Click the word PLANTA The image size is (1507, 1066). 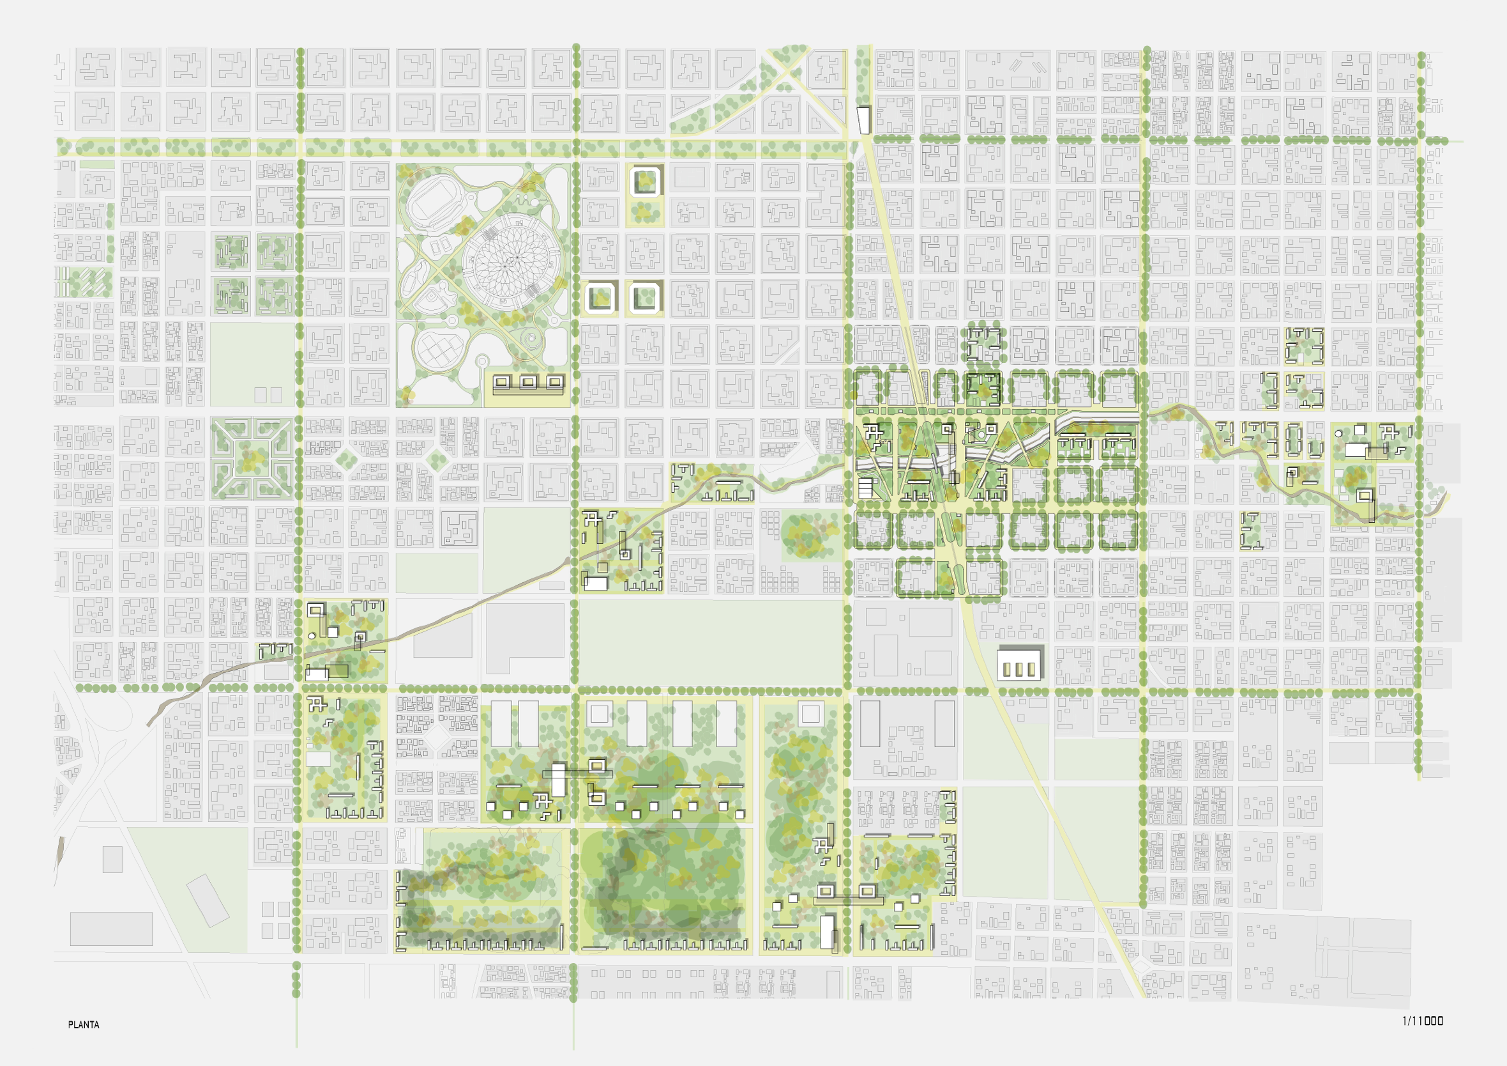click(84, 1024)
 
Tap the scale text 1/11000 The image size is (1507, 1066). click(1422, 1021)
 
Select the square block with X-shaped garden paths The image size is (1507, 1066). click(252, 458)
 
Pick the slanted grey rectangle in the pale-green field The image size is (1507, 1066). click(208, 900)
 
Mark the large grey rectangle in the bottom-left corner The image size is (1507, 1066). click(111, 929)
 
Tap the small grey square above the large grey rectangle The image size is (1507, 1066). click(112, 859)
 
